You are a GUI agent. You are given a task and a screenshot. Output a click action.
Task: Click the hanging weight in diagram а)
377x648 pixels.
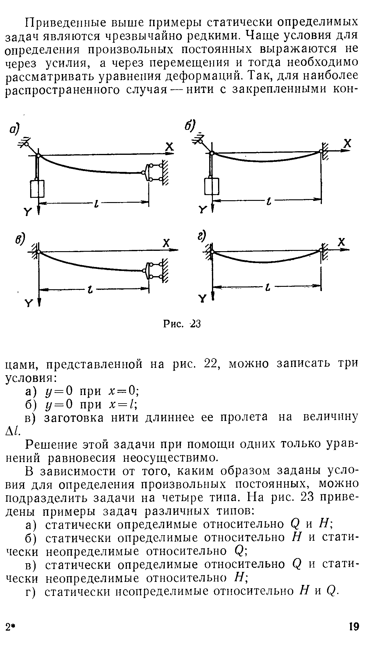37,189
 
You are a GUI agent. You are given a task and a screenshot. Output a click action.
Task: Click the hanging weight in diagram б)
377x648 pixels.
212,186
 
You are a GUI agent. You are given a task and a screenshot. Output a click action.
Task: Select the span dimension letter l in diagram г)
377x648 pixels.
268,287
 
